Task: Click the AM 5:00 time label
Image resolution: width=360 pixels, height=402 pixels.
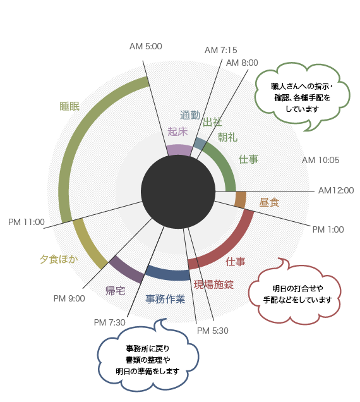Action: tap(145, 46)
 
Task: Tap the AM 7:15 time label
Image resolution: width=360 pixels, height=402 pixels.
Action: tap(220, 51)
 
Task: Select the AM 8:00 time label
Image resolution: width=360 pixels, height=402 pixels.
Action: tap(242, 63)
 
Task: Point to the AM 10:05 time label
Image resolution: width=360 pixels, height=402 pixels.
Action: tap(321, 161)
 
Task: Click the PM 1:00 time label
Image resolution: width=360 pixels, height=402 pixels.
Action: tap(328, 229)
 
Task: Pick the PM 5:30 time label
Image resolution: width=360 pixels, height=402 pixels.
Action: tap(212, 331)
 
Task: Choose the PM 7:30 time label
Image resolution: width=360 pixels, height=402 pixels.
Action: tap(109, 322)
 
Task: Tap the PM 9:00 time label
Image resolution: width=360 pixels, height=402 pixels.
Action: tap(69, 299)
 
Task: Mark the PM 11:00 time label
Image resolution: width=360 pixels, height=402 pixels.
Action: tap(27, 222)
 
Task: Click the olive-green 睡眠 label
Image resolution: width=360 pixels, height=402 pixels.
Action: tap(69, 106)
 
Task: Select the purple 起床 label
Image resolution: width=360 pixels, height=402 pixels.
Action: tap(177, 131)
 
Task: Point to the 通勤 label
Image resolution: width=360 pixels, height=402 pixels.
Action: tap(190, 116)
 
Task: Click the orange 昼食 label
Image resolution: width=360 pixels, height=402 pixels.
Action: tap(269, 202)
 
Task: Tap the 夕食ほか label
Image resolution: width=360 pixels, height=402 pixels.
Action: tap(59, 259)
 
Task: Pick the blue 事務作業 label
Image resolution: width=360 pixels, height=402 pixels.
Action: tap(165, 299)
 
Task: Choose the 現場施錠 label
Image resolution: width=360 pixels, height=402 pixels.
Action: tap(213, 284)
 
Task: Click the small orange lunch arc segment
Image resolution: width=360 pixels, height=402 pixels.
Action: tap(241, 200)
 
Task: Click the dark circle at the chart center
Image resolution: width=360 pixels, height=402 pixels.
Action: tap(178, 192)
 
